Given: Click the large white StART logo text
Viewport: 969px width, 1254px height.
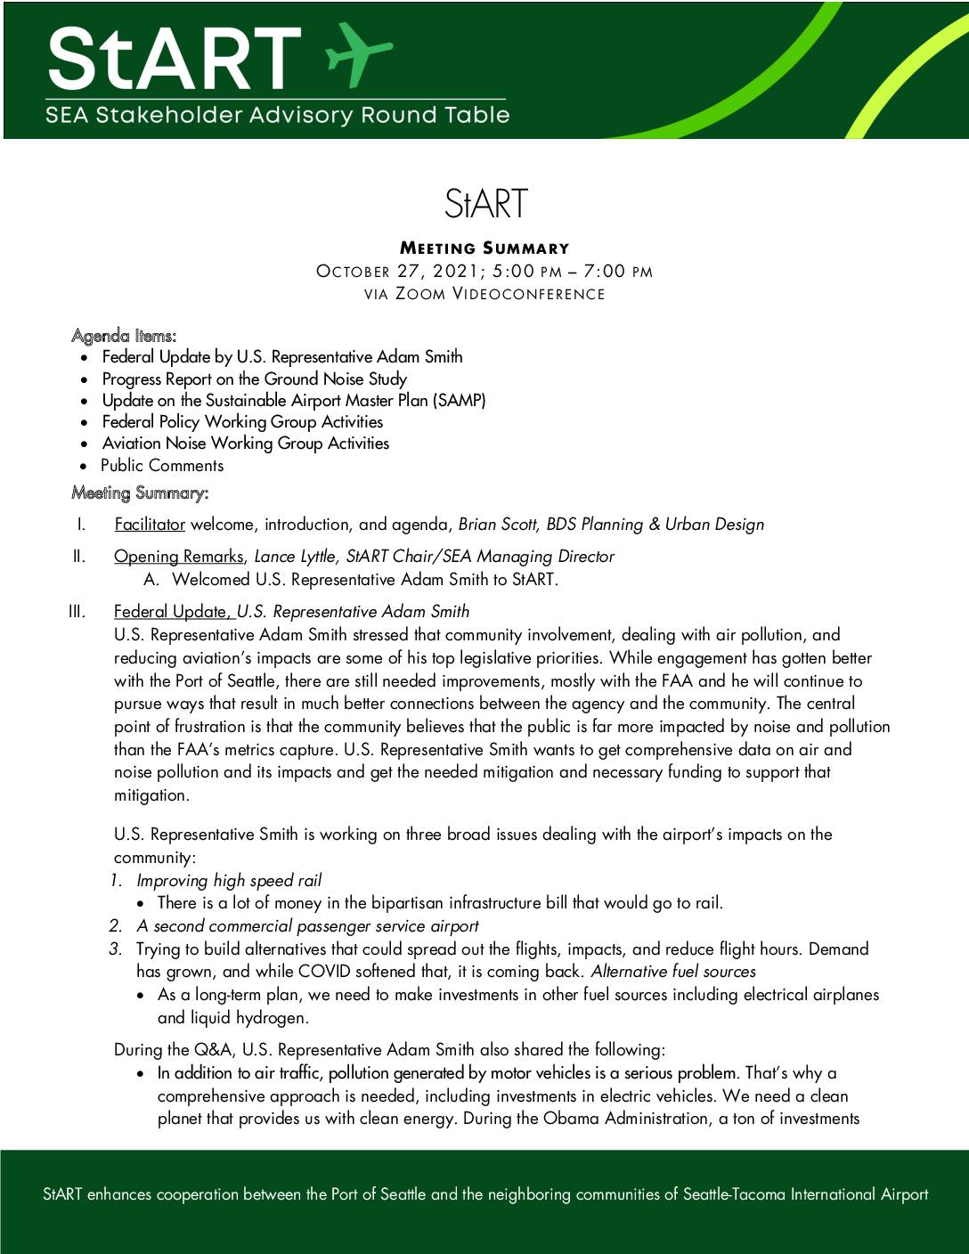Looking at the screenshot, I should (x=175, y=59).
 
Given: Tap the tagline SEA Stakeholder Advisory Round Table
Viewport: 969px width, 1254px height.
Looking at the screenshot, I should (x=278, y=115).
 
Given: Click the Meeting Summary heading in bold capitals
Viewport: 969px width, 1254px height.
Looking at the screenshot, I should (x=484, y=248).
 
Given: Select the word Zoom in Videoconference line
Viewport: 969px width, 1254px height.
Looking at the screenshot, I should (x=419, y=294).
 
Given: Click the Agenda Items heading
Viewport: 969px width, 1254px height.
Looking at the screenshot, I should (x=124, y=336).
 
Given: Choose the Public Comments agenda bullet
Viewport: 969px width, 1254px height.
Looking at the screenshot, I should (x=162, y=465).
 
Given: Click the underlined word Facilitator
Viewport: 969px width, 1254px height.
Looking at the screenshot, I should (x=150, y=525).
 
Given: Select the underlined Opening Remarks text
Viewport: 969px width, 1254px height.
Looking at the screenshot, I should (x=178, y=557).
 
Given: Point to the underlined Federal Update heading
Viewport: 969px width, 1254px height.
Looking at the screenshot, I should (x=172, y=612).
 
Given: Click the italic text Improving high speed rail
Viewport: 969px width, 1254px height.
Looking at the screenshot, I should (x=229, y=881).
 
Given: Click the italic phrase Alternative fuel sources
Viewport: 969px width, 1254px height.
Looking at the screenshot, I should (x=673, y=972).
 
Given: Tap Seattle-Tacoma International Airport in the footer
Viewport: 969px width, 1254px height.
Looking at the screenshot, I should (x=805, y=1194).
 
